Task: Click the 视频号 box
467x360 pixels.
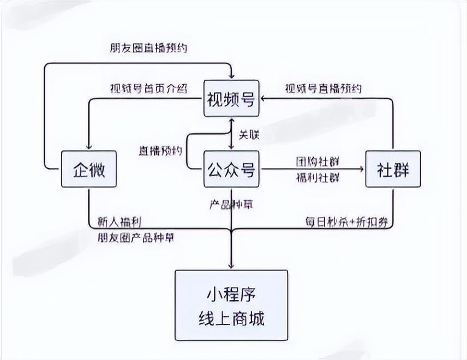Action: (x=231, y=99)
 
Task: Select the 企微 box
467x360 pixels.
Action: (x=88, y=170)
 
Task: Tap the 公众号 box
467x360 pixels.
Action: (x=231, y=170)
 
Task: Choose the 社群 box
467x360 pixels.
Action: (x=393, y=170)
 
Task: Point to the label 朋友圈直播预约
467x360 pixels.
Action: (x=148, y=48)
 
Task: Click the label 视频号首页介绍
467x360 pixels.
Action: (x=148, y=88)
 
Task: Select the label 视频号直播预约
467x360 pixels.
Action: (x=323, y=88)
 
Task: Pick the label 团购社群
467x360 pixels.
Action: (x=317, y=161)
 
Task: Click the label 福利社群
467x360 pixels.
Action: (x=317, y=178)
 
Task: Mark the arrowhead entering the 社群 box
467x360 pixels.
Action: (x=362, y=170)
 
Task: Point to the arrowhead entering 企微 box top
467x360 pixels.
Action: (x=88, y=146)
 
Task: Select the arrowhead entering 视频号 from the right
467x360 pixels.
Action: (x=263, y=99)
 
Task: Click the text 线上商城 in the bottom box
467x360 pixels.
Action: (x=231, y=318)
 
